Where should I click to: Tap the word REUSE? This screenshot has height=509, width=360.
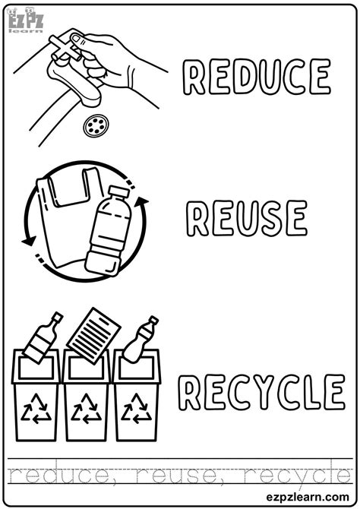click(246, 218)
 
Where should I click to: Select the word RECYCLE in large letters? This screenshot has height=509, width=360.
click(260, 393)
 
